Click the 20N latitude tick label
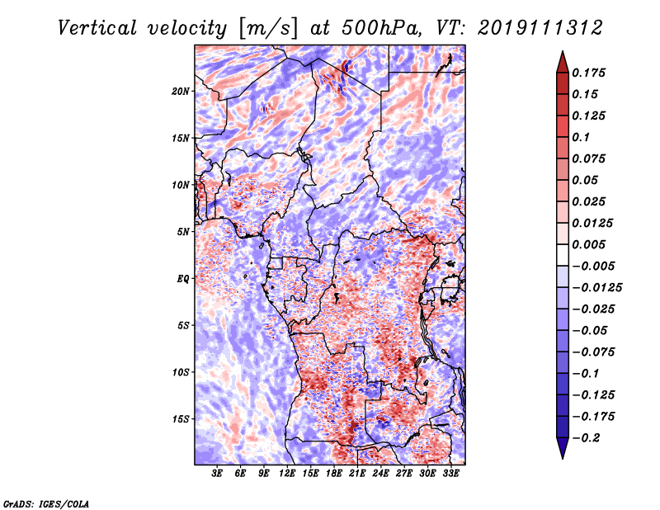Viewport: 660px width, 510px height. [x=181, y=92]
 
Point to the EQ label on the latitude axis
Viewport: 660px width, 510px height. [x=183, y=279]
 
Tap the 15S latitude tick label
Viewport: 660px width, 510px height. [x=181, y=419]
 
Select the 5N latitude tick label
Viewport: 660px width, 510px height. [x=183, y=232]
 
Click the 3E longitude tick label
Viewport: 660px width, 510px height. [x=216, y=474]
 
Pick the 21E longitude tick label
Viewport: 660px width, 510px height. [x=357, y=474]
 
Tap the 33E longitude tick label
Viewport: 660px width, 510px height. [x=450, y=474]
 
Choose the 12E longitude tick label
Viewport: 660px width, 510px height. [x=286, y=474]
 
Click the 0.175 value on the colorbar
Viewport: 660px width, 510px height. [x=588, y=73]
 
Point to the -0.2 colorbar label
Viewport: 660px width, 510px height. [x=586, y=438]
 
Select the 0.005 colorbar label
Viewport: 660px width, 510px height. [x=588, y=244]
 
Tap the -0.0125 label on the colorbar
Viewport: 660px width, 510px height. [x=596, y=288]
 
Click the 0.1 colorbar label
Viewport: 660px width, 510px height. [x=581, y=137]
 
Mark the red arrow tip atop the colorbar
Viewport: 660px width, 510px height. [x=563, y=52]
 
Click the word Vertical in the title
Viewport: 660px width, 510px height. [x=97, y=28]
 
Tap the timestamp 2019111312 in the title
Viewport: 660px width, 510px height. [x=540, y=28]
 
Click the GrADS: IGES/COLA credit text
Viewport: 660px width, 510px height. [x=46, y=504]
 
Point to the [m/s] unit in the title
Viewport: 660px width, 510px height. [x=268, y=28]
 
